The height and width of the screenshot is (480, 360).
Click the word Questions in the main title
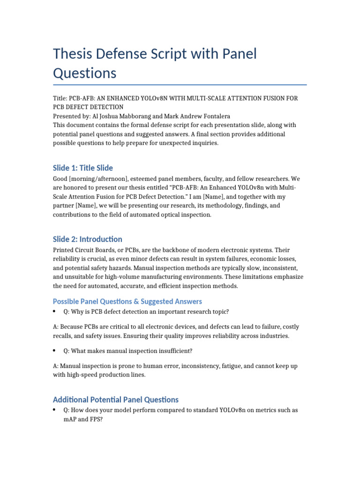pos(84,73)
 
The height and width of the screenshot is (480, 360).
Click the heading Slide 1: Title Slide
pos(83,168)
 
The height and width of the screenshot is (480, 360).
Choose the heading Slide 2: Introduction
pos(88,239)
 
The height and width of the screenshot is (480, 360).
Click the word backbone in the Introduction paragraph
pos(171,250)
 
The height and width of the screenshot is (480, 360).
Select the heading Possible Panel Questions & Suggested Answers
pos(127,301)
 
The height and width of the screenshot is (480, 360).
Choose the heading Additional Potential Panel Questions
pos(116,400)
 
